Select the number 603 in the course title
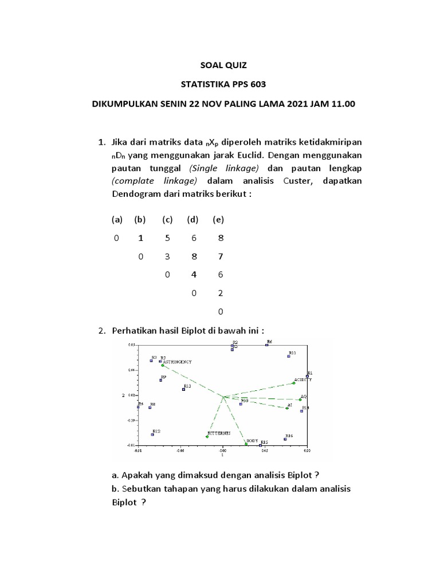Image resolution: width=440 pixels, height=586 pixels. point(257,85)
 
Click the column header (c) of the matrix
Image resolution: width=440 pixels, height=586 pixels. point(167,220)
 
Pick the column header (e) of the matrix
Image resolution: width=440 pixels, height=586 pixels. point(218,220)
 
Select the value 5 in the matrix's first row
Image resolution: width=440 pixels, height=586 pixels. point(167,239)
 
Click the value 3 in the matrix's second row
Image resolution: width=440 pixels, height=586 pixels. point(167,257)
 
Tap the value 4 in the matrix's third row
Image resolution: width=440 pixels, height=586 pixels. point(194,275)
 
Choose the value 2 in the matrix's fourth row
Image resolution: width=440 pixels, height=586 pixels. point(218,293)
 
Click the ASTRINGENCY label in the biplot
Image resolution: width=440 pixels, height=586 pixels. point(177,362)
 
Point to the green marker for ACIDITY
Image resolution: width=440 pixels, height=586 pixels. point(294,383)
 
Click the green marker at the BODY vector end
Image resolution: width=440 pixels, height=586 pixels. point(246,444)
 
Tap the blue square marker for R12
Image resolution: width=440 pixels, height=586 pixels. point(152,434)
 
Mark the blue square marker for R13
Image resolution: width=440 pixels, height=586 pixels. point(183,389)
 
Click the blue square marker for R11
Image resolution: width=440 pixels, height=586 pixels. point(289,357)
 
